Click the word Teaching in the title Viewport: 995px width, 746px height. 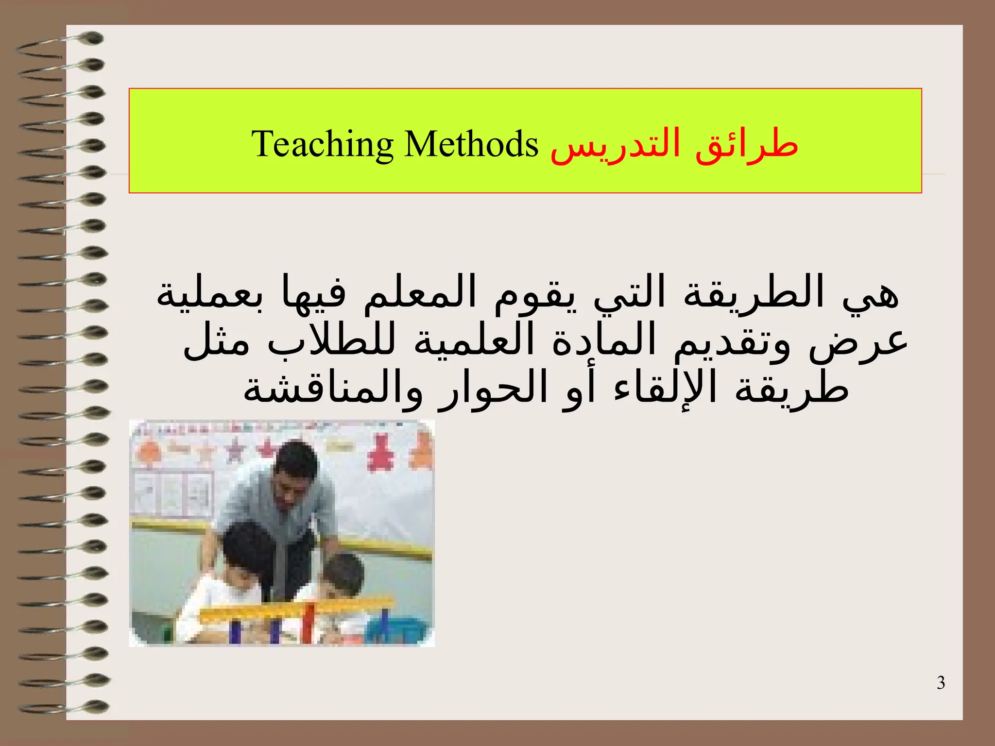[x=322, y=144]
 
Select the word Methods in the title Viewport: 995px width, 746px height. [x=471, y=144]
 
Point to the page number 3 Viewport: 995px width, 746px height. [x=941, y=683]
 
